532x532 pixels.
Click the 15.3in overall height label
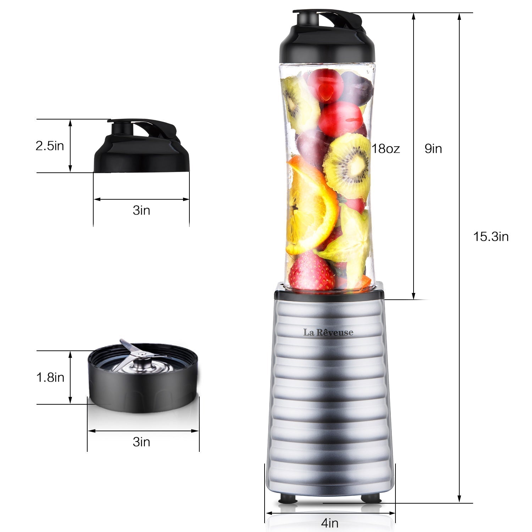pyautogui.click(x=491, y=237)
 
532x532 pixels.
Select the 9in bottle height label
pyautogui.click(x=433, y=149)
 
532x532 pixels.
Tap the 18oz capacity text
pyautogui.click(x=386, y=149)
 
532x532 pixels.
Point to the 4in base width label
pyautogui.click(x=329, y=523)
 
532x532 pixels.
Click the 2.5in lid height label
pyautogui.click(x=50, y=146)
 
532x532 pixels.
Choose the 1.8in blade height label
pyautogui.click(x=50, y=377)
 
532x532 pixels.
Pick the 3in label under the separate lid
pyautogui.click(x=141, y=210)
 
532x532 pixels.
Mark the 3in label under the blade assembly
pyautogui.click(x=141, y=442)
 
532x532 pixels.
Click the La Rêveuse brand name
pyautogui.click(x=328, y=332)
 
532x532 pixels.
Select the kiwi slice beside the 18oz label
pyautogui.click(x=349, y=165)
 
